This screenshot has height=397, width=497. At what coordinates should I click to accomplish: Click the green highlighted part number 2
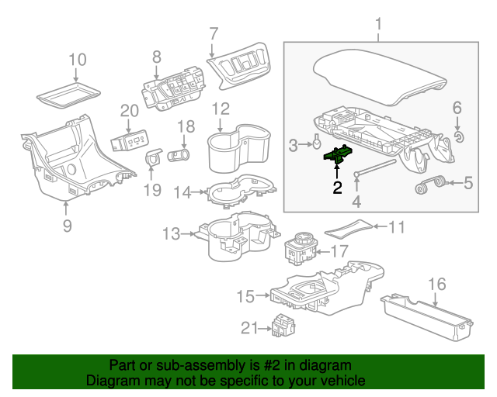coord(339,155)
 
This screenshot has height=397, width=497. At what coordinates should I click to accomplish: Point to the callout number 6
coord(457,109)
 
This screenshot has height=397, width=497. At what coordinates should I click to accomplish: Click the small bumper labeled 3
coord(317,143)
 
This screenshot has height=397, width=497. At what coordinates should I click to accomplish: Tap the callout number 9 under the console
coord(67,226)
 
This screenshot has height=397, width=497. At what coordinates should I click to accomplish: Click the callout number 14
coord(182,192)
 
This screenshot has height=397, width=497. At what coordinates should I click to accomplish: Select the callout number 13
coord(171,233)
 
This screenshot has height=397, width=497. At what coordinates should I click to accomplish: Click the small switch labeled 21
coord(283,326)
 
